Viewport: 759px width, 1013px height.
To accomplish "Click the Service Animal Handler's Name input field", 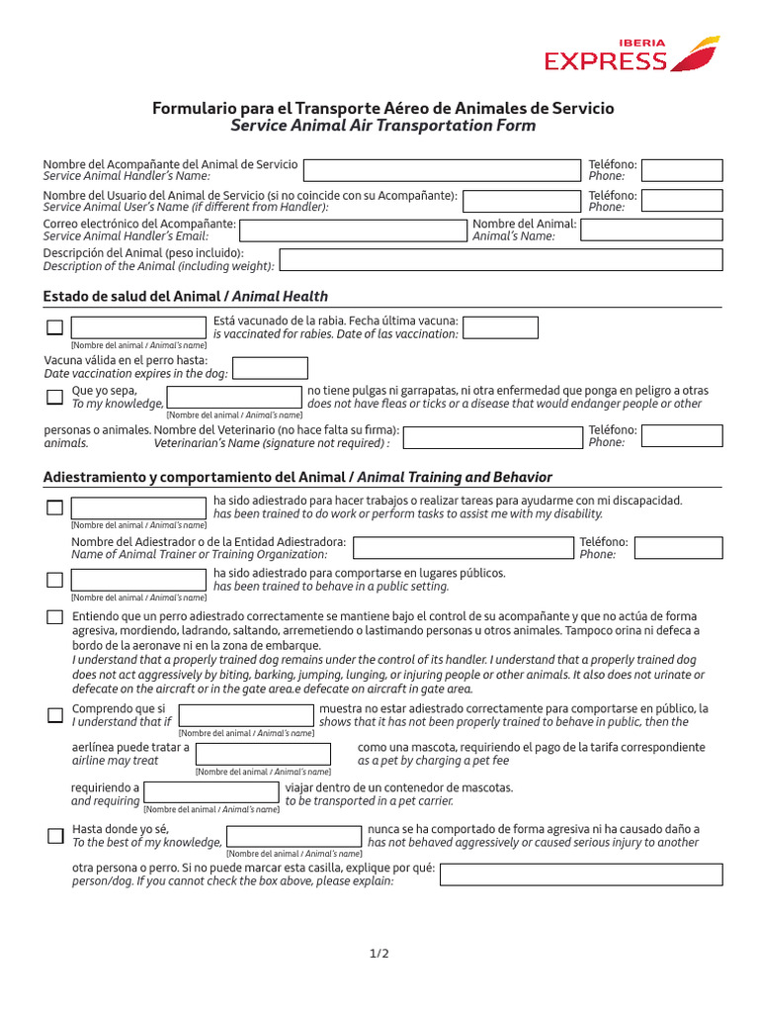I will [x=442, y=169].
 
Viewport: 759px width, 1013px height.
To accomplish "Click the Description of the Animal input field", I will [x=501, y=260].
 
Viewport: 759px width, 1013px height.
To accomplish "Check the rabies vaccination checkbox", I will [x=55, y=327].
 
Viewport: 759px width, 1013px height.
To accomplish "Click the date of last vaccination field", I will [x=500, y=327].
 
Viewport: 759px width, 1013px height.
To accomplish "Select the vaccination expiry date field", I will [x=270, y=368].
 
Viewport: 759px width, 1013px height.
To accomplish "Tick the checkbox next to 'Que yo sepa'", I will [x=55, y=397].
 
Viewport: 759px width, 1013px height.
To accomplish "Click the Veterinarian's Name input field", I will [x=493, y=436].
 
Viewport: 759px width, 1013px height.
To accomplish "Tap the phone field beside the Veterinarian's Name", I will [x=682, y=436].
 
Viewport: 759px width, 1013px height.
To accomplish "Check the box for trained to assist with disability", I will [x=55, y=507].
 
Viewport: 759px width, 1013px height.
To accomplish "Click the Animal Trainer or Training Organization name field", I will [x=463, y=548].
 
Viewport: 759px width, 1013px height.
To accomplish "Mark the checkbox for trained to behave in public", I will [x=55, y=580].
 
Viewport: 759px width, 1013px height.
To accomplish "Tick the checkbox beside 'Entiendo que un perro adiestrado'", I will [x=55, y=617].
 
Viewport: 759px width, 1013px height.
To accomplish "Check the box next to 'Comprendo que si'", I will [x=55, y=715].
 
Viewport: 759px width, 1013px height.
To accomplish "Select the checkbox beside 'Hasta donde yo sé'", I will [x=55, y=836].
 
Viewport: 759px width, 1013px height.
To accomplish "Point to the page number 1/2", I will [x=379, y=954].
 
